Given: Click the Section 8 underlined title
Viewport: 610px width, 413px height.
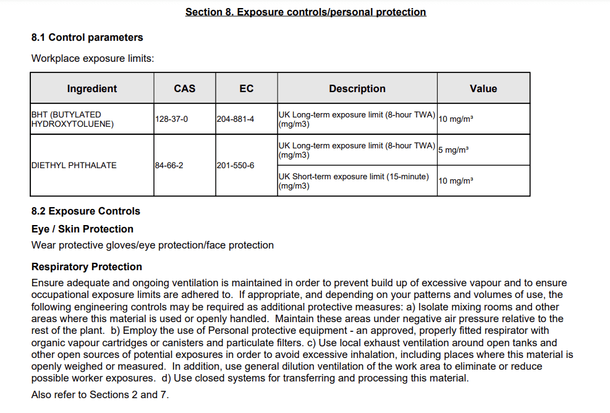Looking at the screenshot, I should tap(305, 12).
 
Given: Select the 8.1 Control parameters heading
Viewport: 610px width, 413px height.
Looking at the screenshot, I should tap(87, 37).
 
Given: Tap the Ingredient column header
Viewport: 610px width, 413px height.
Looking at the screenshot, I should tap(92, 88).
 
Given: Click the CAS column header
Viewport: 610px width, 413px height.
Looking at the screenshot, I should tap(184, 88).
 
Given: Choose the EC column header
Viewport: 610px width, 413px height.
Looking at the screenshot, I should tap(246, 88).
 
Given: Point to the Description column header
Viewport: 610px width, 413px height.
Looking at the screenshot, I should tap(357, 88).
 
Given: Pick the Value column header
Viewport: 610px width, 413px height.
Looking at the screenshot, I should tap(483, 88).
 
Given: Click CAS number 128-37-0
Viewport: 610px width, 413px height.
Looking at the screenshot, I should tap(171, 119).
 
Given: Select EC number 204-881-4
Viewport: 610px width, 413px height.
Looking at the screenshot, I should tap(235, 119).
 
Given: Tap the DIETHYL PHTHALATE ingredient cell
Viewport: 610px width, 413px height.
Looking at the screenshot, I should tap(74, 165).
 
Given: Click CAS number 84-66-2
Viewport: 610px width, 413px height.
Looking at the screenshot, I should tap(169, 165).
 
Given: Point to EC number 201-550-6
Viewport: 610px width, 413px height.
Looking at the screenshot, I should tap(235, 165).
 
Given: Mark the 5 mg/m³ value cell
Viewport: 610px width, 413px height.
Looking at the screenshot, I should tap(453, 150).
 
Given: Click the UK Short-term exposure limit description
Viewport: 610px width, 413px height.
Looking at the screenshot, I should tap(354, 181).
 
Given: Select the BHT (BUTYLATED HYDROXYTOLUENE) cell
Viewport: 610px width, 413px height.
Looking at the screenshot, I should tap(66, 119).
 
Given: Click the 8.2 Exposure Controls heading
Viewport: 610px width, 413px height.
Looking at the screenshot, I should tap(86, 211).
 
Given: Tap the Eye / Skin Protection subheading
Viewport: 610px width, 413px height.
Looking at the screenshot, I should tap(82, 229).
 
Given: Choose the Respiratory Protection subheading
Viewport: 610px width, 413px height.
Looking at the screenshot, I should tap(87, 266).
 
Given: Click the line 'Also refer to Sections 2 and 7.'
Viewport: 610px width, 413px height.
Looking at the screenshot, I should tap(100, 394).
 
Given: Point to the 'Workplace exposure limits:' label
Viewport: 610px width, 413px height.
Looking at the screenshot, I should tap(93, 59).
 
